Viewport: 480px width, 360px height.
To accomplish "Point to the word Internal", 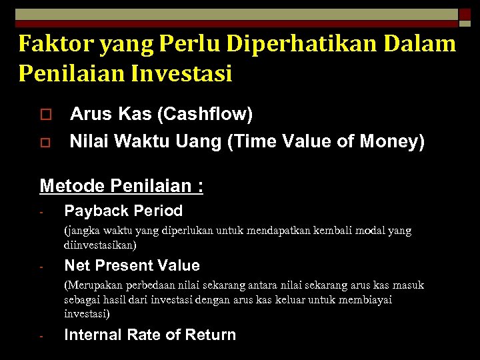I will (x=93, y=335).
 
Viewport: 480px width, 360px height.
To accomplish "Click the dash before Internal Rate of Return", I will (x=41, y=337).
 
